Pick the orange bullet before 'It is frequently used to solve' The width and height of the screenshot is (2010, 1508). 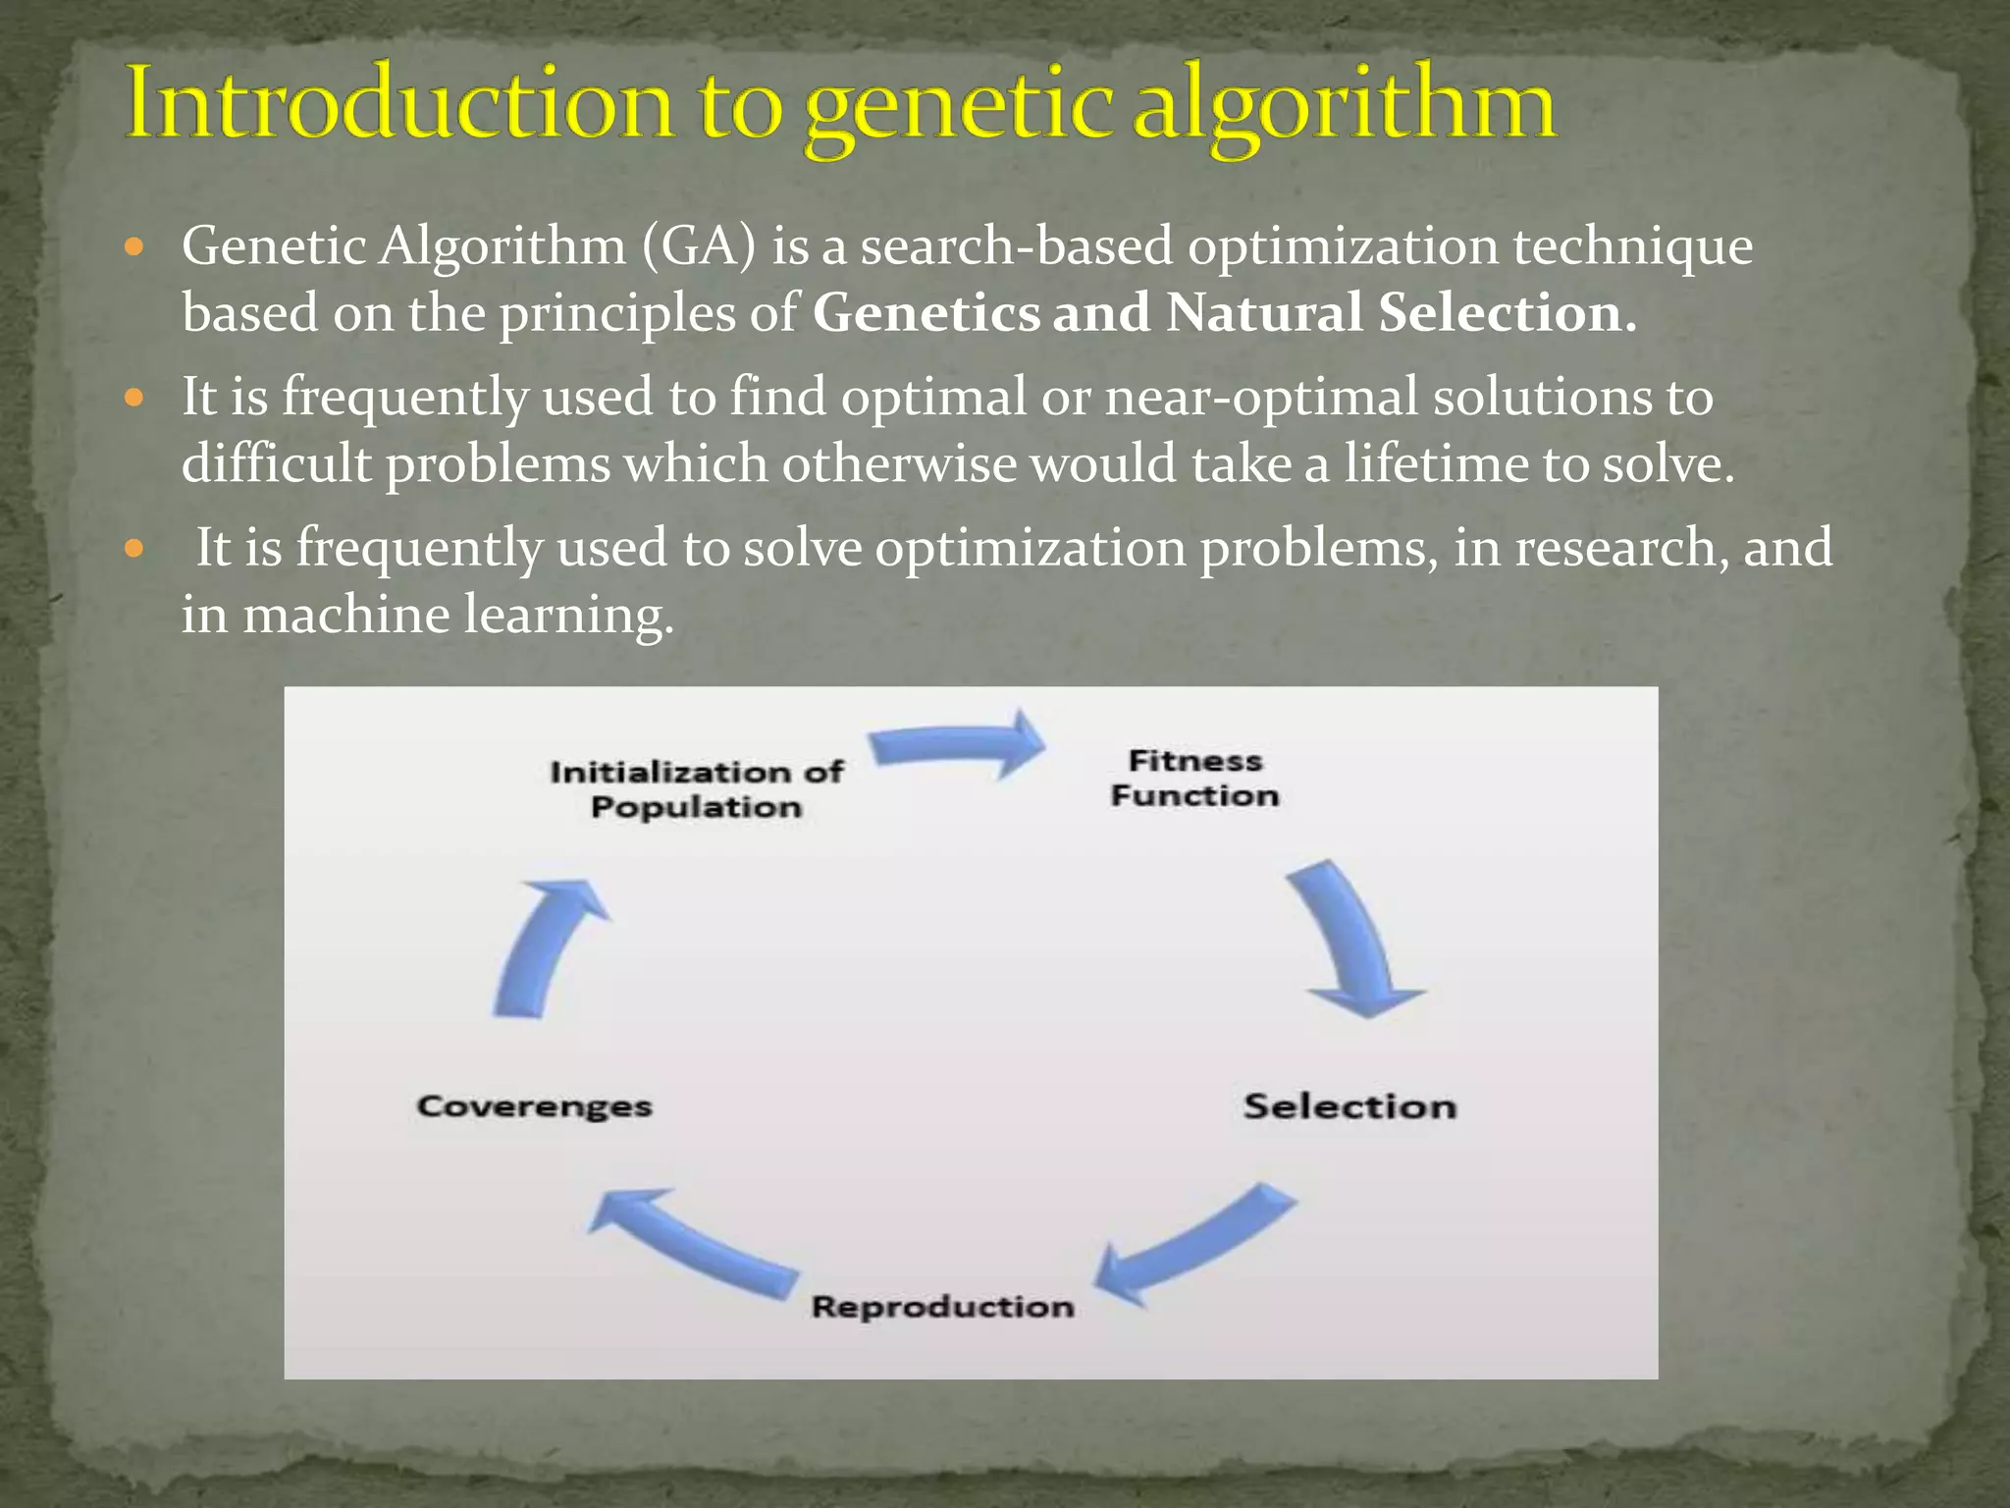pyautogui.click(x=135, y=547)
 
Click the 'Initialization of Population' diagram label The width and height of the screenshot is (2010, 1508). pyautogui.click(x=696, y=789)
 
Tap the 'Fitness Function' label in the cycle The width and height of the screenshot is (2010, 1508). pyautogui.click(x=1194, y=778)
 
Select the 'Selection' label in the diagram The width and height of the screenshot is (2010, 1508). pyautogui.click(x=1349, y=1106)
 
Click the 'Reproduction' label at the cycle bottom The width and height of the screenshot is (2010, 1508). pyautogui.click(x=942, y=1307)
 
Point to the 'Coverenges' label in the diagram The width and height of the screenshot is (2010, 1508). pyautogui.click(x=534, y=1106)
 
